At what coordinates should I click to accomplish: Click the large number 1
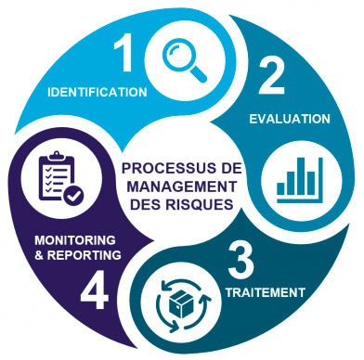[x=124, y=52]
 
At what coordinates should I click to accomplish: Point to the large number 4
[x=95, y=291]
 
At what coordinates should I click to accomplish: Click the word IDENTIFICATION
[x=97, y=93]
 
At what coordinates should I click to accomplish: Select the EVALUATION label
[x=290, y=119]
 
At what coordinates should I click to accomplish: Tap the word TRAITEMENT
[x=266, y=292]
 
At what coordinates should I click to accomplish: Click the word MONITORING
[x=75, y=240]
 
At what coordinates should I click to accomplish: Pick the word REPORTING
[x=84, y=255]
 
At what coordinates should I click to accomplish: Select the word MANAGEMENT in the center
[x=182, y=186]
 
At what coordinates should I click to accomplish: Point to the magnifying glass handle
[x=198, y=74]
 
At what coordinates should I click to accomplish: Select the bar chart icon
[x=300, y=180]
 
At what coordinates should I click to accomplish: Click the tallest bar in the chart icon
[x=301, y=176]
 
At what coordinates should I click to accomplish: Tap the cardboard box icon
[x=180, y=305]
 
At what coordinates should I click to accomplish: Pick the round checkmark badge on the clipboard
[x=73, y=195]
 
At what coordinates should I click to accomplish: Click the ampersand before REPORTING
[x=39, y=256]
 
